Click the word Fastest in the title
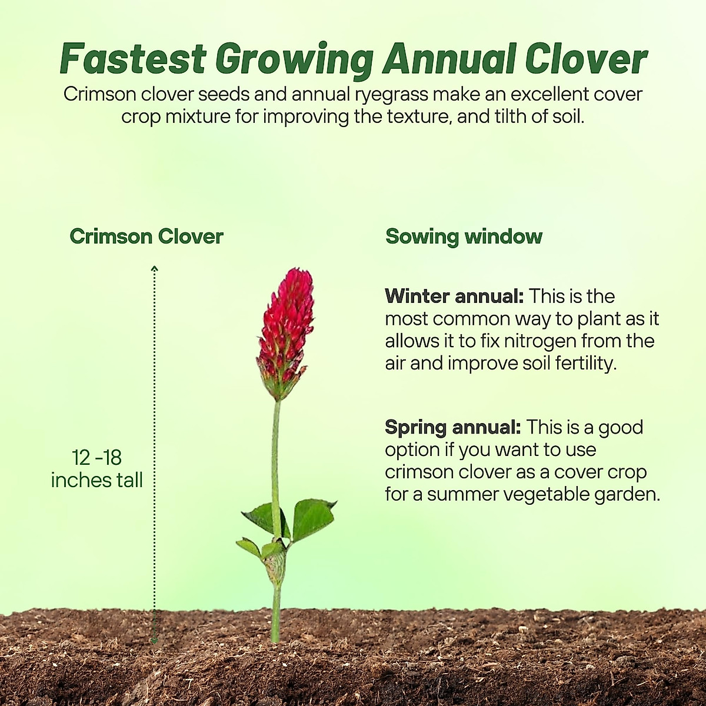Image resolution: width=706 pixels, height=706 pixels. click(133, 59)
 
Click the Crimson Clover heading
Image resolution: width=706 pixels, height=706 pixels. click(146, 237)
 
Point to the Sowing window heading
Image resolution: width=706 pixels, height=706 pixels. click(464, 237)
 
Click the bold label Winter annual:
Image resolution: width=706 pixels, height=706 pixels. click(454, 296)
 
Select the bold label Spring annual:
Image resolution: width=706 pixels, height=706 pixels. click(453, 427)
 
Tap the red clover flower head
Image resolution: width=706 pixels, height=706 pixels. click(285, 329)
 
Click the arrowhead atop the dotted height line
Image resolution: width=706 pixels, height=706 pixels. click(155, 269)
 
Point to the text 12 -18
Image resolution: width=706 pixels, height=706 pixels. click(97, 458)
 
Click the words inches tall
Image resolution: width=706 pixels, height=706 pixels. click(97, 480)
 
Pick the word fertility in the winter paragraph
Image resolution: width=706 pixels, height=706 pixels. click(585, 364)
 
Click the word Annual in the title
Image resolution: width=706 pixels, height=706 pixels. click(449, 59)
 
